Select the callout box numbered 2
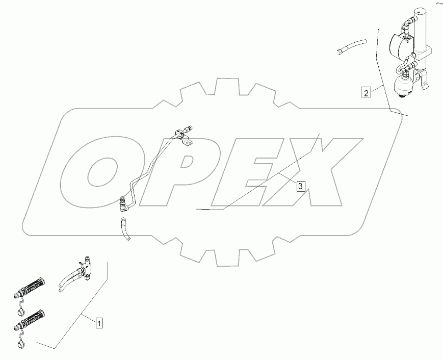click(366, 92)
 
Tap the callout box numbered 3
click(301, 186)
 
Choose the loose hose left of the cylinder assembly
click(351, 45)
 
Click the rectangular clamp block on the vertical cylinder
click(425, 51)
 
